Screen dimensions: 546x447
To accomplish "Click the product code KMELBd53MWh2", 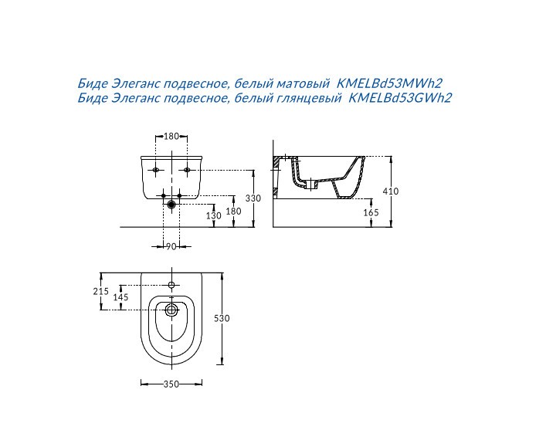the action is [390, 83].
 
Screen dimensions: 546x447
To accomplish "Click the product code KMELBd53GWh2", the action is [400, 98].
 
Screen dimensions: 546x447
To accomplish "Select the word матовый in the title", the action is [303, 84].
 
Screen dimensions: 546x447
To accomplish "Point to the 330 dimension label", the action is [253, 198].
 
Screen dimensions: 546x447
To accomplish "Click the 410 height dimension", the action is [390, 191].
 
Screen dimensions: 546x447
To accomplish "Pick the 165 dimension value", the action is [371, 212].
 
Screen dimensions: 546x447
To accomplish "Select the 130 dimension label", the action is [213, 216].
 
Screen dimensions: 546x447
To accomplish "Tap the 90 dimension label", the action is [171, 246].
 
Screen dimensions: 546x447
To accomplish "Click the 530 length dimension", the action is [222, 318].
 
